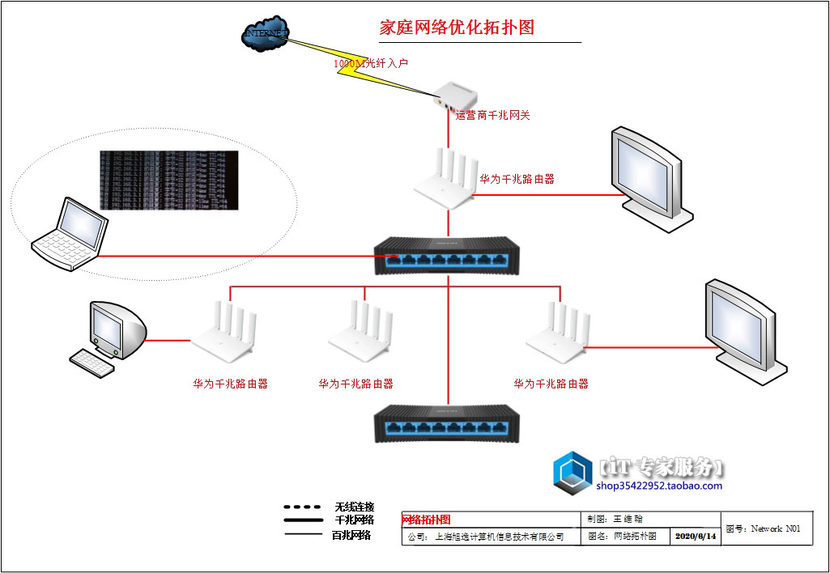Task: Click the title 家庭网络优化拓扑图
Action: pos(458,28)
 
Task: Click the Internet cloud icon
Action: pos(266,35)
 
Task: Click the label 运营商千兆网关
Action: pos(492,116)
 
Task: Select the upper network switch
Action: pos(448,252)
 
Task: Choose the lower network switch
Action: pos(447,421)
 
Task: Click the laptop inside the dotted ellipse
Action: pos(71,234)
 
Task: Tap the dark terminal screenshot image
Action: pos(169,180)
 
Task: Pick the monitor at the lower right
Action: pos(742,328)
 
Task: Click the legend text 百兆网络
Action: pos(352,535)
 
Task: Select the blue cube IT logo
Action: pos(574,473)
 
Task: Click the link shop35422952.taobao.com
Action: pos(659,486)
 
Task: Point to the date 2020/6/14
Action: pos(696,537)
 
